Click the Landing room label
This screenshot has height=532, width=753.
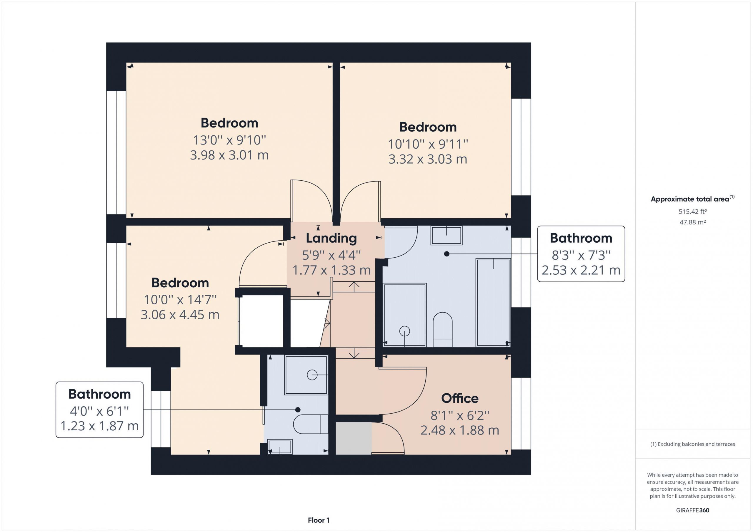[x=331, y=238]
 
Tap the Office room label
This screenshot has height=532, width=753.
[x=460, y=398]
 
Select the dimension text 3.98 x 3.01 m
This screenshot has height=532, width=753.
[x=229, y=155]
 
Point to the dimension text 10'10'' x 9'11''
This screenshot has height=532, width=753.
[x=428, y=144]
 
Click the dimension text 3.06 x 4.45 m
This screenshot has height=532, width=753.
[x=180, y=315]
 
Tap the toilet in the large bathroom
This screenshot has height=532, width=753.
[x=443, y=329]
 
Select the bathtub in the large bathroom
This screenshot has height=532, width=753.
[x=493, y=302]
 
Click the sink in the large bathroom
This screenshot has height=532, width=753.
[x=446, y=235]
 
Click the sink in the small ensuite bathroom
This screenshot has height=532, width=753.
[x=280, y=447]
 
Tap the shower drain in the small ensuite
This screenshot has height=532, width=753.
[x=312, y=375]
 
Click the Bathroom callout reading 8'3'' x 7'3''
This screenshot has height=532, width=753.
[x=581, y=254]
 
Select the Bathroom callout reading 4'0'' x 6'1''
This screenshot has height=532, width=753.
[x=99, y=410]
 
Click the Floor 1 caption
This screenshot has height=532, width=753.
[x=319, y=520]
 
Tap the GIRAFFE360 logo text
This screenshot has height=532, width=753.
[x=693, y=510]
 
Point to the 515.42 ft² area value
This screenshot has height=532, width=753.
[x=693, y=212]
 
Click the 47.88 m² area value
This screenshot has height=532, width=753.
[x=693, y=222]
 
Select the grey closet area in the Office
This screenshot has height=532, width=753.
[x=354, y=438]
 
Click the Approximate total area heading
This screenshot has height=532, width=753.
[x=693, y=199]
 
